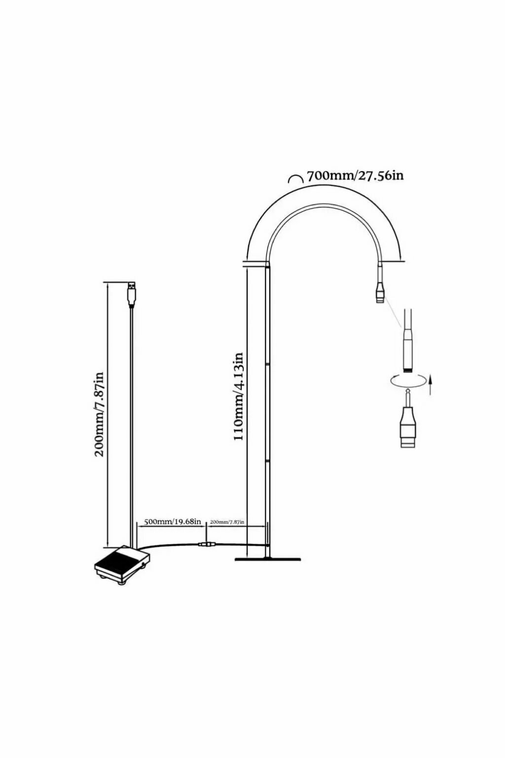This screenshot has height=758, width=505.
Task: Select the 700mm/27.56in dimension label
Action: coord(355,176)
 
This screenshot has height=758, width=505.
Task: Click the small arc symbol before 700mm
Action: coord(295,179)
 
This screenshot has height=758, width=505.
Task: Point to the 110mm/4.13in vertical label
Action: coord(239,397)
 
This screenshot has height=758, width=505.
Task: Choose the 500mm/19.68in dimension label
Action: coord(172,522)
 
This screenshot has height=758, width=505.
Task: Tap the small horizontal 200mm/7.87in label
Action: coord(227,522)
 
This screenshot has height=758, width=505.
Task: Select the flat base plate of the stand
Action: coord(268,559)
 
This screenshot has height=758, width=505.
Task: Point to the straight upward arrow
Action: coord(431,384)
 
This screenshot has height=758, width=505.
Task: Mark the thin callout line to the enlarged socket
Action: coord(392,313)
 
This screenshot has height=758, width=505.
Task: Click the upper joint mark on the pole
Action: coord(267,364)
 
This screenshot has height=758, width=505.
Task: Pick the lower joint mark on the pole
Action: coord(267,461)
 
